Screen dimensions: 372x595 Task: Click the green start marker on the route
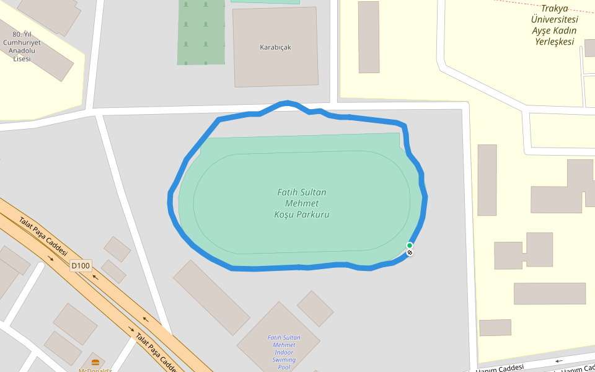tap(410, 246)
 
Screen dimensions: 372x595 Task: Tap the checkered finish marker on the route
tap(410, 252)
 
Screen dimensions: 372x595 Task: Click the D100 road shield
tap(81, 266)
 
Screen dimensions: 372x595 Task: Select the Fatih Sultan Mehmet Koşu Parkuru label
tap(301, 203)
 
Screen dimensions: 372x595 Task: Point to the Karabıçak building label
tap(275, 47)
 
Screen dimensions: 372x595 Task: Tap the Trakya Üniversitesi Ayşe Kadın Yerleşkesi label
tap(554, 25)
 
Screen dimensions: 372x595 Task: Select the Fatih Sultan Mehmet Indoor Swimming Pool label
tap(284, 352)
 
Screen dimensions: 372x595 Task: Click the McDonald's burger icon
tap(95, 362)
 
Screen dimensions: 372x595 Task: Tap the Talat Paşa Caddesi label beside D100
tap(42, 235)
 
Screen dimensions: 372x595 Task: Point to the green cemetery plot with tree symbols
tap(201, 31)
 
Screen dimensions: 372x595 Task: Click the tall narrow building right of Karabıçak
tap(368, 37)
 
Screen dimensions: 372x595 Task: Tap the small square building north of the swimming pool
tap(315, 308)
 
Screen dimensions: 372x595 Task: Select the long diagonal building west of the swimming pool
tap(211, 297)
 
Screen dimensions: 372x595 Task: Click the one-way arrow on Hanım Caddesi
tap(560, 360)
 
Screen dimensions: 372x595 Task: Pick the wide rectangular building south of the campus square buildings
tap(549, 293)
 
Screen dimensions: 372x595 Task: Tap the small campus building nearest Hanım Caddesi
tap(495, 327)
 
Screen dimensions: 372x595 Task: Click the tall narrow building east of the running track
tap(487, 180)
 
